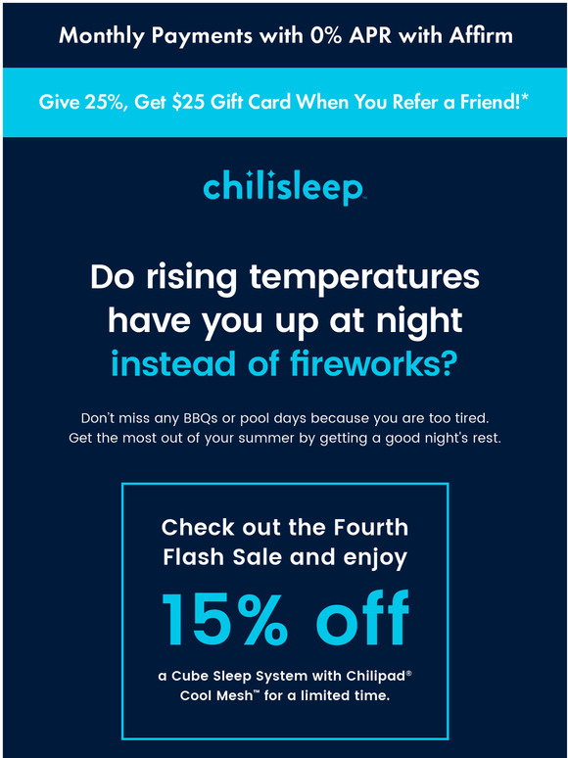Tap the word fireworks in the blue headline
[366, 364]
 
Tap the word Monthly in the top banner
[102, 36]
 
